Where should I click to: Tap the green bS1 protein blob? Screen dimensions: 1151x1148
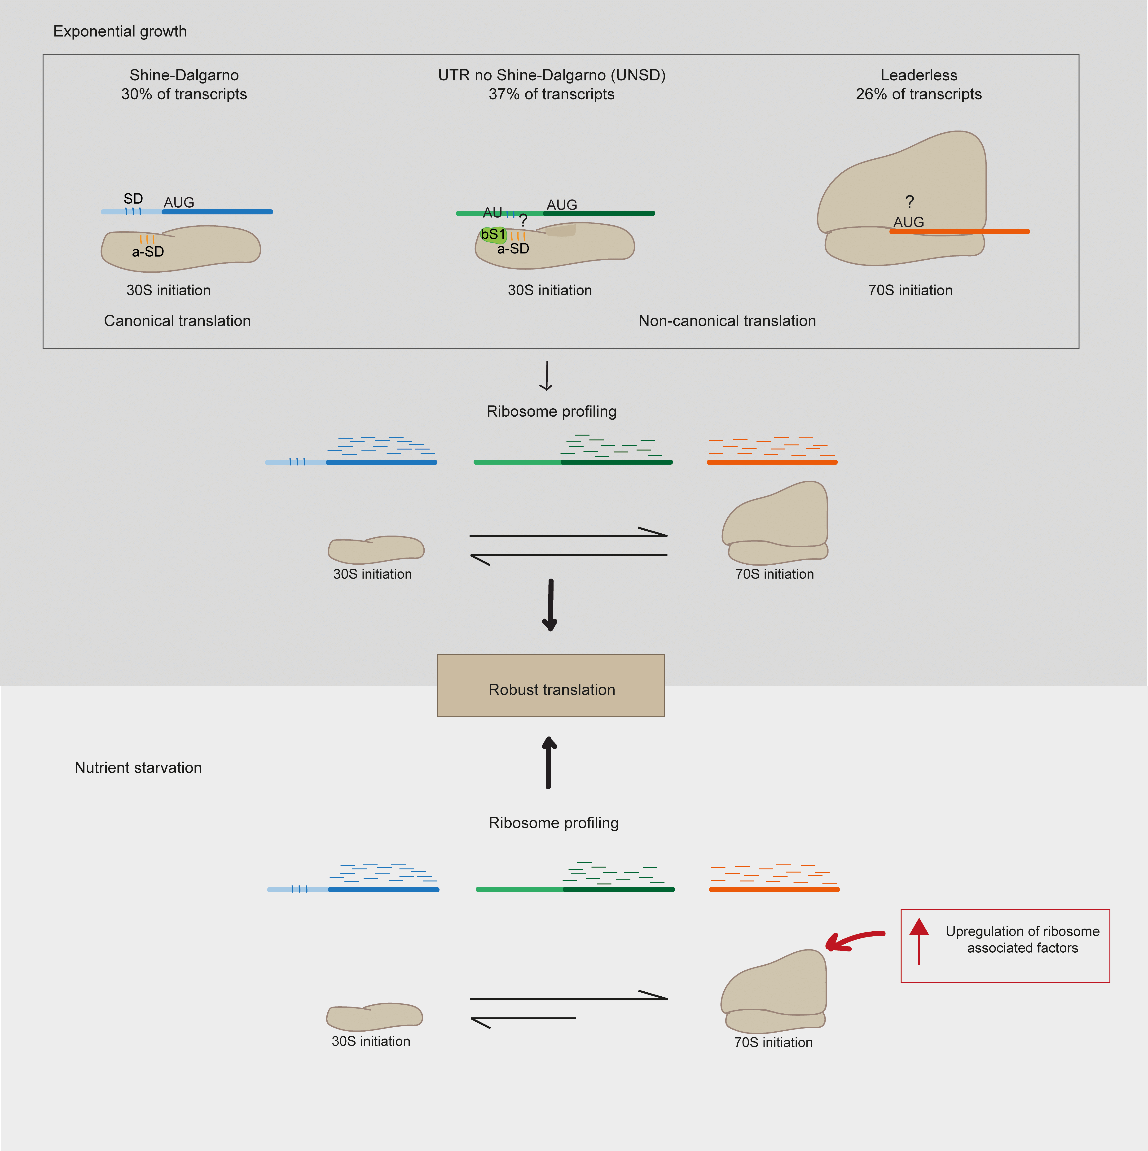pos(493,235)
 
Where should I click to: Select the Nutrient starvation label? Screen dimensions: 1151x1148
pos(138,767)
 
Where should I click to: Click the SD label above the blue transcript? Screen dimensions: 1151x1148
pos(133,198)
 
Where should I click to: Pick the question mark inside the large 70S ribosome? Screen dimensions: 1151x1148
pos(909,202)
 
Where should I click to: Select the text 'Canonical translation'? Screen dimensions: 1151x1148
pos(177,321)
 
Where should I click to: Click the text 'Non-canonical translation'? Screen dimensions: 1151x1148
pos(727,321)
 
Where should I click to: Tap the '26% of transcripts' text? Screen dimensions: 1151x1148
pos(919,94)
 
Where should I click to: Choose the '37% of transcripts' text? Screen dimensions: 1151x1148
pos(551,94)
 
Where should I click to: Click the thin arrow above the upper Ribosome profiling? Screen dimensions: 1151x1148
pos(546,375)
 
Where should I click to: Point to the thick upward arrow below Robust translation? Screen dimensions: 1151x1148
pos(548,763)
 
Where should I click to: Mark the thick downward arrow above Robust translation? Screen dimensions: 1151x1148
pos(550,605)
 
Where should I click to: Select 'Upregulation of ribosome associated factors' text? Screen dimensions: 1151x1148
pos(1022,940)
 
